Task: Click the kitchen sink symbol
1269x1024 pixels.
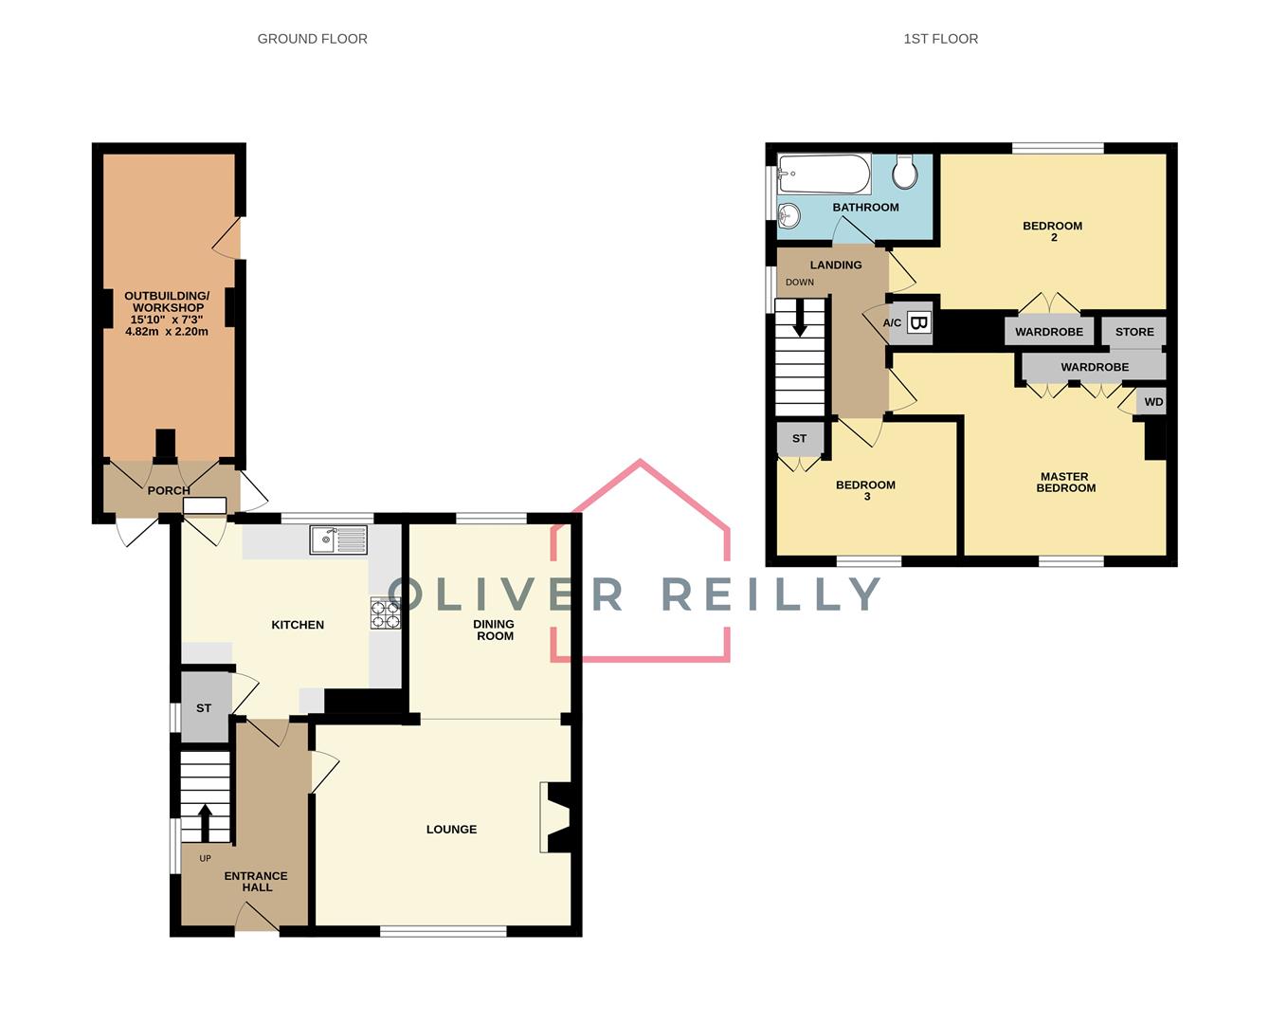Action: [x=338, y=540]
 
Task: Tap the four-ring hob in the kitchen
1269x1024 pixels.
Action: [x=385, y=614]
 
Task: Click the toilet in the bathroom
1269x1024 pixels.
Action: [x=905, y=172]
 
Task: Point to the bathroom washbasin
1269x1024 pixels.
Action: [x=789, y=216]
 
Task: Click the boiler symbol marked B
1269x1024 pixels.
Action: [x=918, y=323]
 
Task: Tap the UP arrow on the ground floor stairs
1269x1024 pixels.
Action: [x=205, y=822]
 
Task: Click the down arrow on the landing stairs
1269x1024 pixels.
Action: [x=800, y=318]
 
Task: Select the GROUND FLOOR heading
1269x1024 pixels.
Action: [x=312, y=39]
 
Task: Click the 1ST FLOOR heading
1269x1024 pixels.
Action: [x=940, y=39]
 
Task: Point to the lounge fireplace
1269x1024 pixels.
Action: [x=555, y=817]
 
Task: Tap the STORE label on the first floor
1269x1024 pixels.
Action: [x=1134, y=332]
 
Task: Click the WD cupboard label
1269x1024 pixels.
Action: [x=1152, y=402]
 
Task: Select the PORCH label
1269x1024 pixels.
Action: [x=169, y=490]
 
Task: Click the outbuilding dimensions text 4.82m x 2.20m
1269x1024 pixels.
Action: [x=167, y=332]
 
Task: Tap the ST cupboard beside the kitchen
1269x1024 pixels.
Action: [x=204, y=708]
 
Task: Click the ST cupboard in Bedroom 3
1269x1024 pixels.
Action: [x=799, y=438]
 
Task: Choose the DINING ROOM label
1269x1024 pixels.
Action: [x=494, y=631]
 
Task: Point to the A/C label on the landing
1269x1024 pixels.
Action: [x=892, y=323]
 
